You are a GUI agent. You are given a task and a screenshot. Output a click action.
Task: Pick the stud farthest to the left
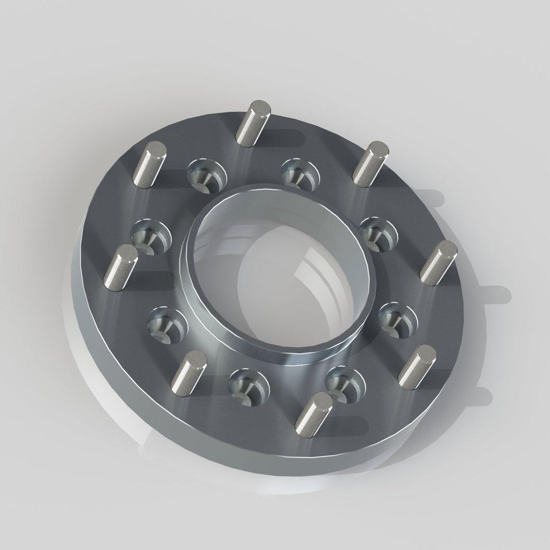[120, 267]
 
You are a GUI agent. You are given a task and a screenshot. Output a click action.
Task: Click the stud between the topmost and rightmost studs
[370, 163]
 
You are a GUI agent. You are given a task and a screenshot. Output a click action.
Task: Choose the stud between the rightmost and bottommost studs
[417, 367]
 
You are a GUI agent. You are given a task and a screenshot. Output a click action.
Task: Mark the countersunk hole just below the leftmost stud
[166, 324]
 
